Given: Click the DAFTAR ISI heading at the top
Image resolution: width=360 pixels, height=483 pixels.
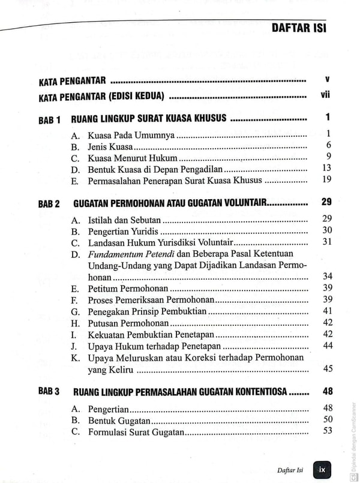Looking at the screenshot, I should click(298, 28).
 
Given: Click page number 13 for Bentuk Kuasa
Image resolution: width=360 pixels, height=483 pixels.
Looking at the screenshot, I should click(326, 168).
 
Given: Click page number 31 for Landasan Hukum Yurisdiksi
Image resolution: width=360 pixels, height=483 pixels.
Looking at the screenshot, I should click(326, 242).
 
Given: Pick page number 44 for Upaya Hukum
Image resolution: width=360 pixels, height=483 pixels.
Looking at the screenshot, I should click(327, 346).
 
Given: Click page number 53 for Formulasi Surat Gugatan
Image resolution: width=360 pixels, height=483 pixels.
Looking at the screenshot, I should click(327, 431).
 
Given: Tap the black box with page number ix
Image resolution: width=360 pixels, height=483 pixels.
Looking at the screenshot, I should click(322, 469).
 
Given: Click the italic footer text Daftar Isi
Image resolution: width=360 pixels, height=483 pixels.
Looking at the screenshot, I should click(292, 470).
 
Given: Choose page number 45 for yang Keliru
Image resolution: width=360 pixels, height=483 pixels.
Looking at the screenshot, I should click(327, 369).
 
